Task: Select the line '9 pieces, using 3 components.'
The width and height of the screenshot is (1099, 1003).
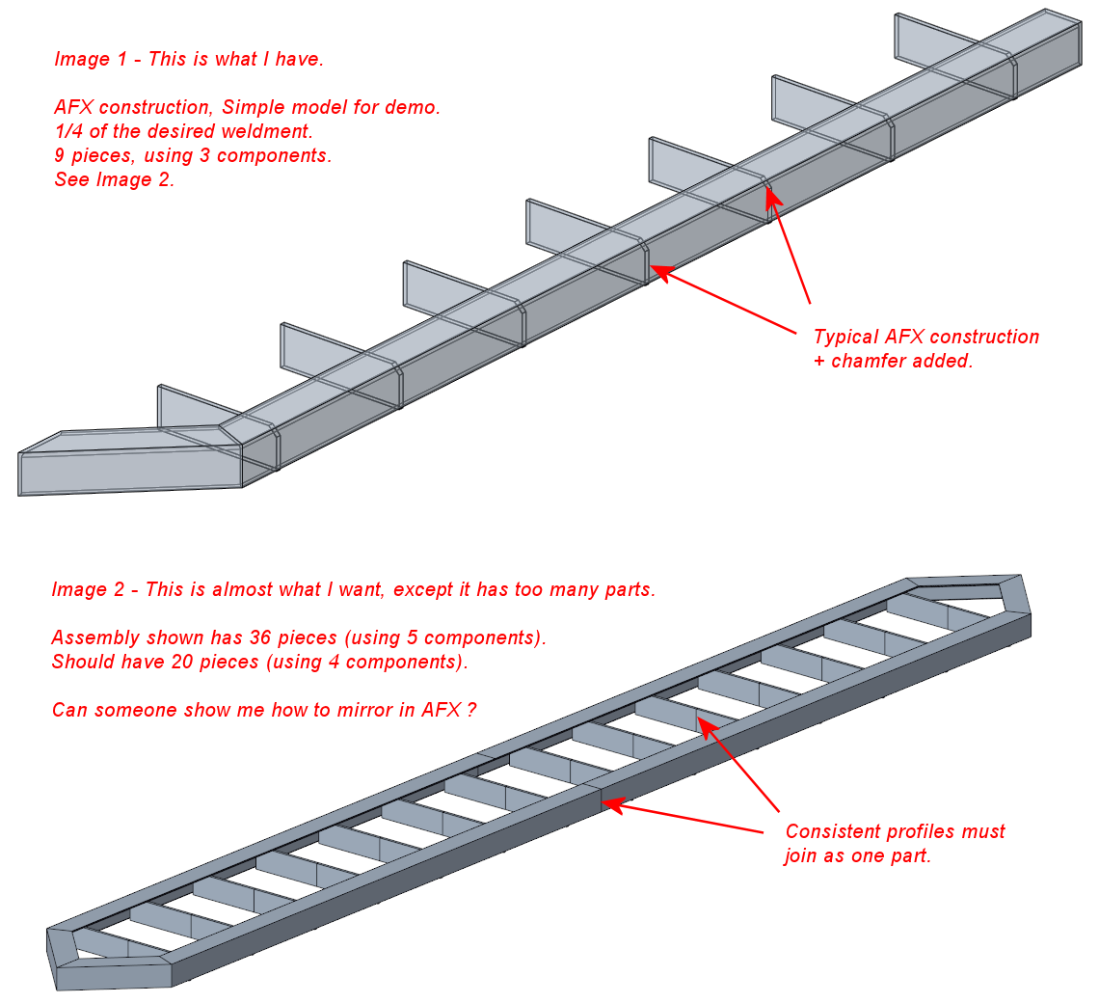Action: coord(193,155)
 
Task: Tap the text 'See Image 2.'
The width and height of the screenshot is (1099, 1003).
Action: coord(114,179)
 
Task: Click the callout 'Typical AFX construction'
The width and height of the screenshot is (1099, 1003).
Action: coord(925,338)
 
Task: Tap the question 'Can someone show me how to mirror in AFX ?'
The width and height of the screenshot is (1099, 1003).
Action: coord(264,710)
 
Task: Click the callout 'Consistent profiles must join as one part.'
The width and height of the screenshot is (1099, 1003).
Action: coord(895,843)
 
